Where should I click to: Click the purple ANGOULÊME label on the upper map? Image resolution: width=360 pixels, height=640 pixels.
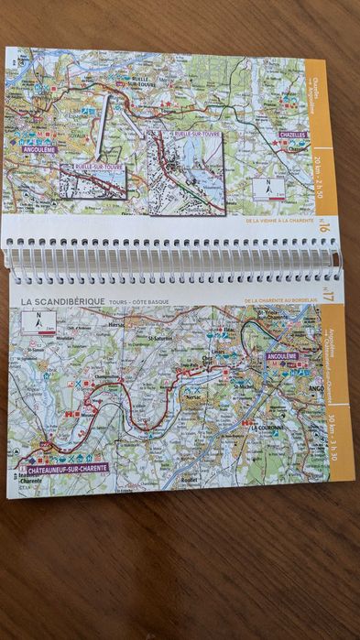tap(38, 149)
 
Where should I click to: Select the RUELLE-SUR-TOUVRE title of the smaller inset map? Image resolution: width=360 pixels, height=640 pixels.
tap(92, 168)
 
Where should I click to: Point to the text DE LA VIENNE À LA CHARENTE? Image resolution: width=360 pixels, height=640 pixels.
tap(279, 221)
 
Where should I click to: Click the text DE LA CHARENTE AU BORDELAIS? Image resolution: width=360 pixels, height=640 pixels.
tap(279, 299)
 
